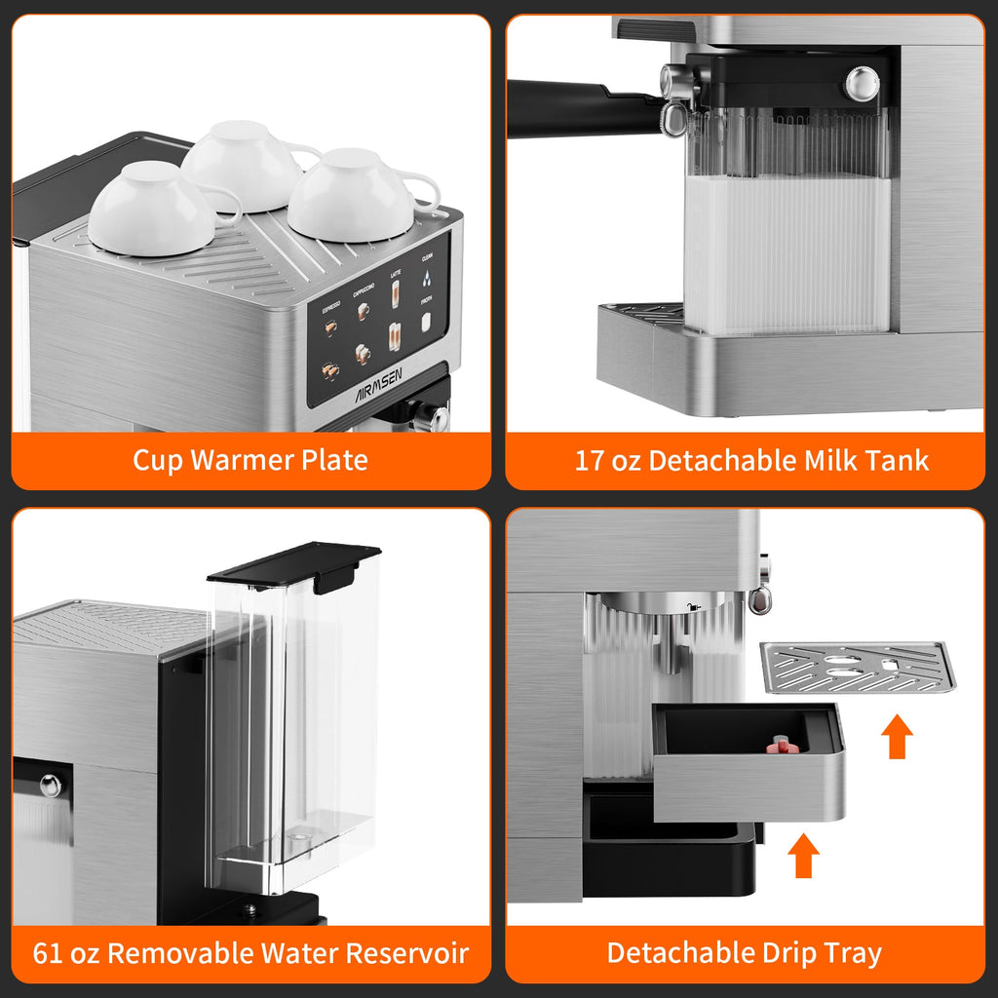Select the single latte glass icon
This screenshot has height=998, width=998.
(x=396, y=292)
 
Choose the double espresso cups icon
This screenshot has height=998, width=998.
(x=331, y=371)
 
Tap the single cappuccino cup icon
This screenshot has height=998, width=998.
(x=364, y=311)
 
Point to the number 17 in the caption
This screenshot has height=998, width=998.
(x=590, y=460)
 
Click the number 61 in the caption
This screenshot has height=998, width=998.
(x=49, y=952)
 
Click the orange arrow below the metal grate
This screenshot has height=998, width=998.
(x=897, y=738)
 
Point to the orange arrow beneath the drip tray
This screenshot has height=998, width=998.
(x=803, y=855)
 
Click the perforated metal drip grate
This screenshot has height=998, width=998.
(x=858, y=667)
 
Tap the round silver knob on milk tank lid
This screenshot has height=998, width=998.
(x=862, y=83)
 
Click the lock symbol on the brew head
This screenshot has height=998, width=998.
(x=693, y=607)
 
